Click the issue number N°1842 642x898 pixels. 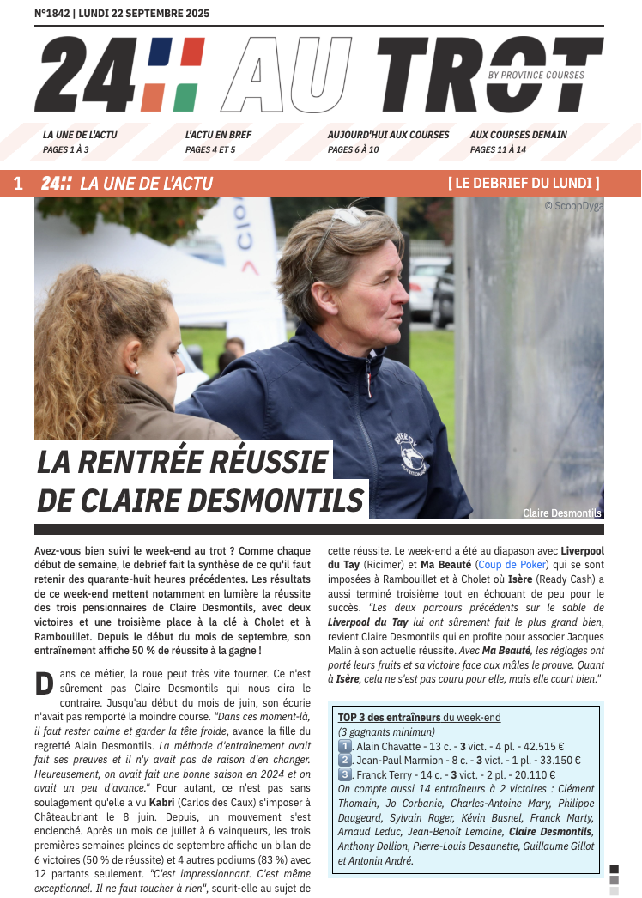[51, 14]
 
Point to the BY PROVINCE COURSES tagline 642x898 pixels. [536, 76]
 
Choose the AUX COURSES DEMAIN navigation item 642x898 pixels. [518, 135]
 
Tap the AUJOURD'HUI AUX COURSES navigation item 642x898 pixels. [388, 135]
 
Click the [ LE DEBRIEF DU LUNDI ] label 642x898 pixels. [524, 183]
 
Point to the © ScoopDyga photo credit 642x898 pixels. [573, 206]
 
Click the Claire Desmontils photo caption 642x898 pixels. [562, 513]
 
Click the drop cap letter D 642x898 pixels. [44, 683]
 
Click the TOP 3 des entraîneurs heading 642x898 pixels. [390, 717]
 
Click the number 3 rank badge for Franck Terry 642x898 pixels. [345, 774]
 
